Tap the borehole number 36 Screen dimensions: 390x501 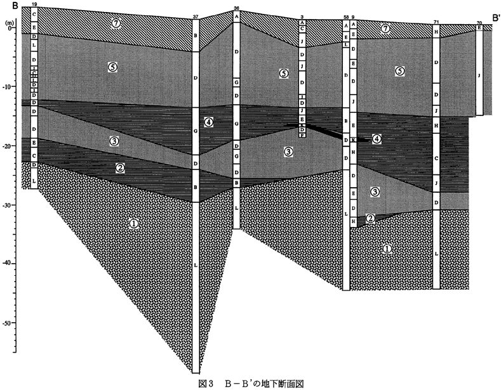pyautogui.click(x=236, y=8)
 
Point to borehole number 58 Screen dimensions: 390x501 pyautogui.click(x=345, y=16)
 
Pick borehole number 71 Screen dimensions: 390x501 pyautogui.click(x=436, y=22)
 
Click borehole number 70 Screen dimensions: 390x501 pyautogui.click(x=479, y=23)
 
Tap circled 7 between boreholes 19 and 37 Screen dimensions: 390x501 pyautogui.click(x=116, y=23)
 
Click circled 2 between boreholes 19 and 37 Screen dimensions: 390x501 pyautogui.click(x=119, y=167)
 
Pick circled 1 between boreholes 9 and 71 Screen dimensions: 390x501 pyautogui.click(x=386, y=249)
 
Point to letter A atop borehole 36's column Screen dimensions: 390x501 pyautogui.click(x=236, y=16)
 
